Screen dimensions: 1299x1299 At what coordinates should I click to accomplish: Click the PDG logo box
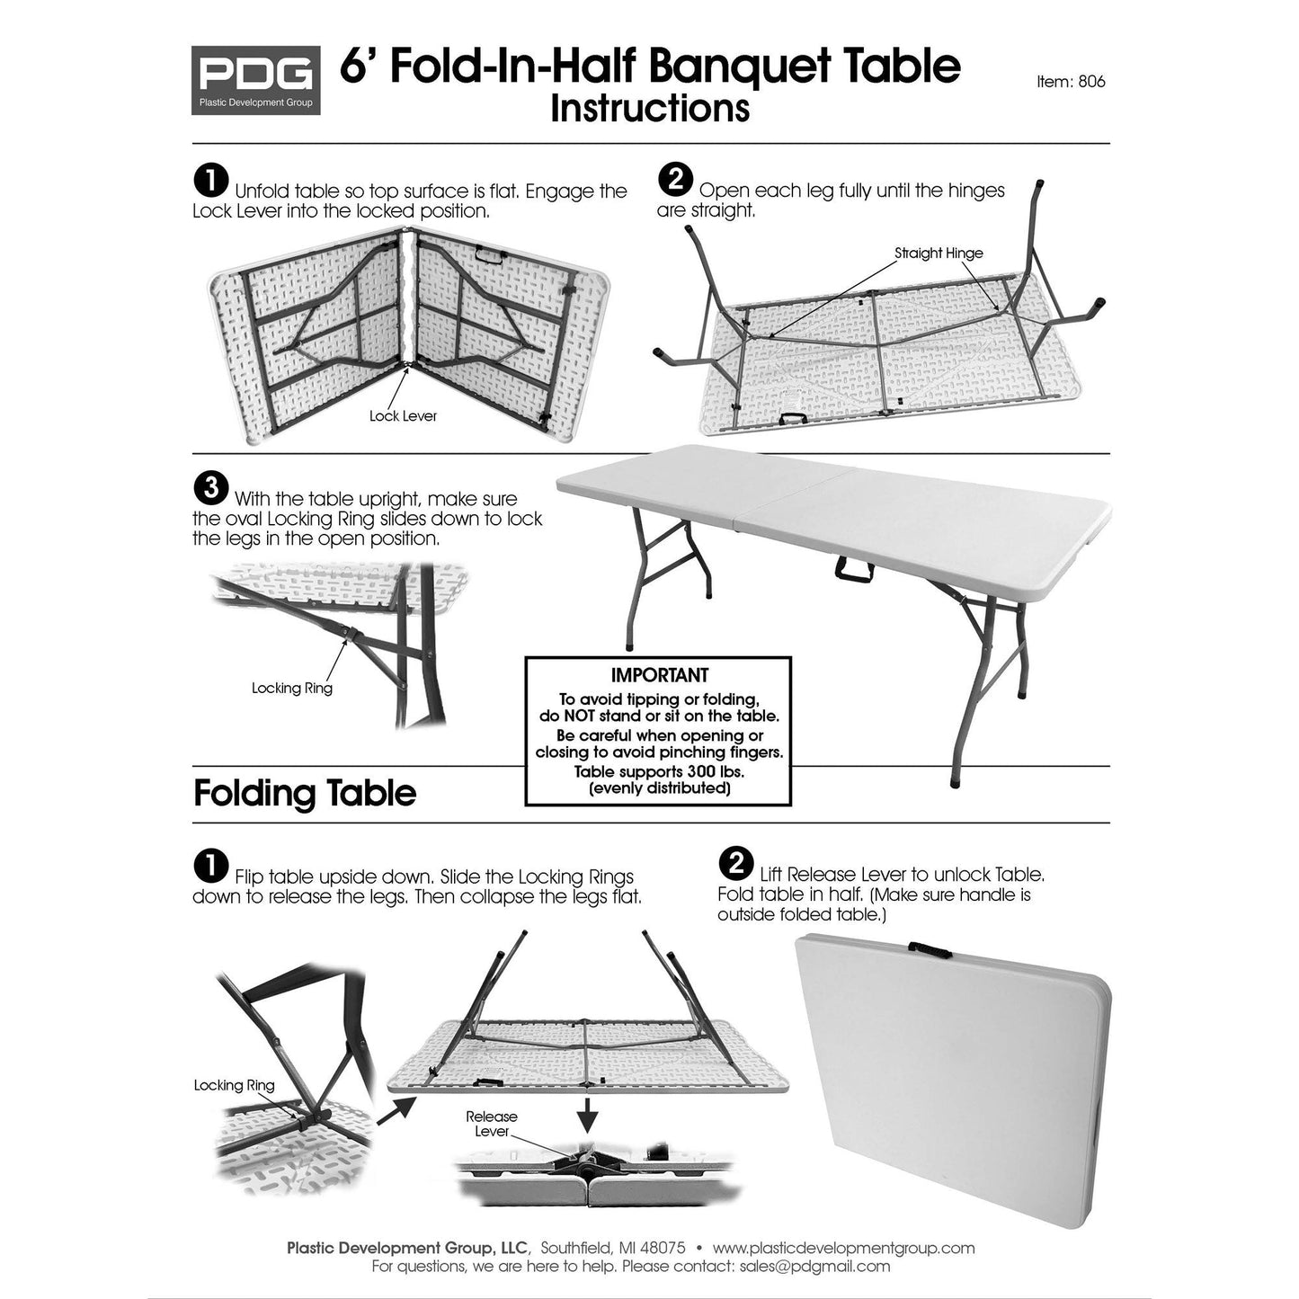click(255, 80)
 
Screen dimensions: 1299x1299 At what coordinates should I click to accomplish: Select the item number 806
click(1091, 82)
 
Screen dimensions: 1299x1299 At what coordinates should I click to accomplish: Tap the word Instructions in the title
click(649, 108)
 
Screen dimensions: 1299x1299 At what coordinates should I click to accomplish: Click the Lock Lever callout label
click(403, 416)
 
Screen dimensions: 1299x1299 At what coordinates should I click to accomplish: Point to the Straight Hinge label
click(938, 254)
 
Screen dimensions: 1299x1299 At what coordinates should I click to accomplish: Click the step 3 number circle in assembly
click(211, 488)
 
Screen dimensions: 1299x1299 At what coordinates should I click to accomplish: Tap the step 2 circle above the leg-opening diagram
click(674, 180)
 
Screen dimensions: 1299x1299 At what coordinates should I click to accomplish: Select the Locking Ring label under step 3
click(291, 689)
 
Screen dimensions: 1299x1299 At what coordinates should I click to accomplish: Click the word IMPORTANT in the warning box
click(659, 675)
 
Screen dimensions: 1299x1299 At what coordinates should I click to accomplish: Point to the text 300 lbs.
click(716, 771)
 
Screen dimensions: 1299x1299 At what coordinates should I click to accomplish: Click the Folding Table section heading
click(305, 794)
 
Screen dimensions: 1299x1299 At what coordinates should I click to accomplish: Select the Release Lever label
click(491, 1124)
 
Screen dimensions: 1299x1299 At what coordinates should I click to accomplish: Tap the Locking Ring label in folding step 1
click(234, 1086)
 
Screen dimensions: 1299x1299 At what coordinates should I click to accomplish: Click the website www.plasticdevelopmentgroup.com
click(843, 1248)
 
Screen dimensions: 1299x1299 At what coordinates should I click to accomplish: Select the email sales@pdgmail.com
click(814, 1267)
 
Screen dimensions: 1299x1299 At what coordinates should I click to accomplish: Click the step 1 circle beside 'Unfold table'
click(211, 181)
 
